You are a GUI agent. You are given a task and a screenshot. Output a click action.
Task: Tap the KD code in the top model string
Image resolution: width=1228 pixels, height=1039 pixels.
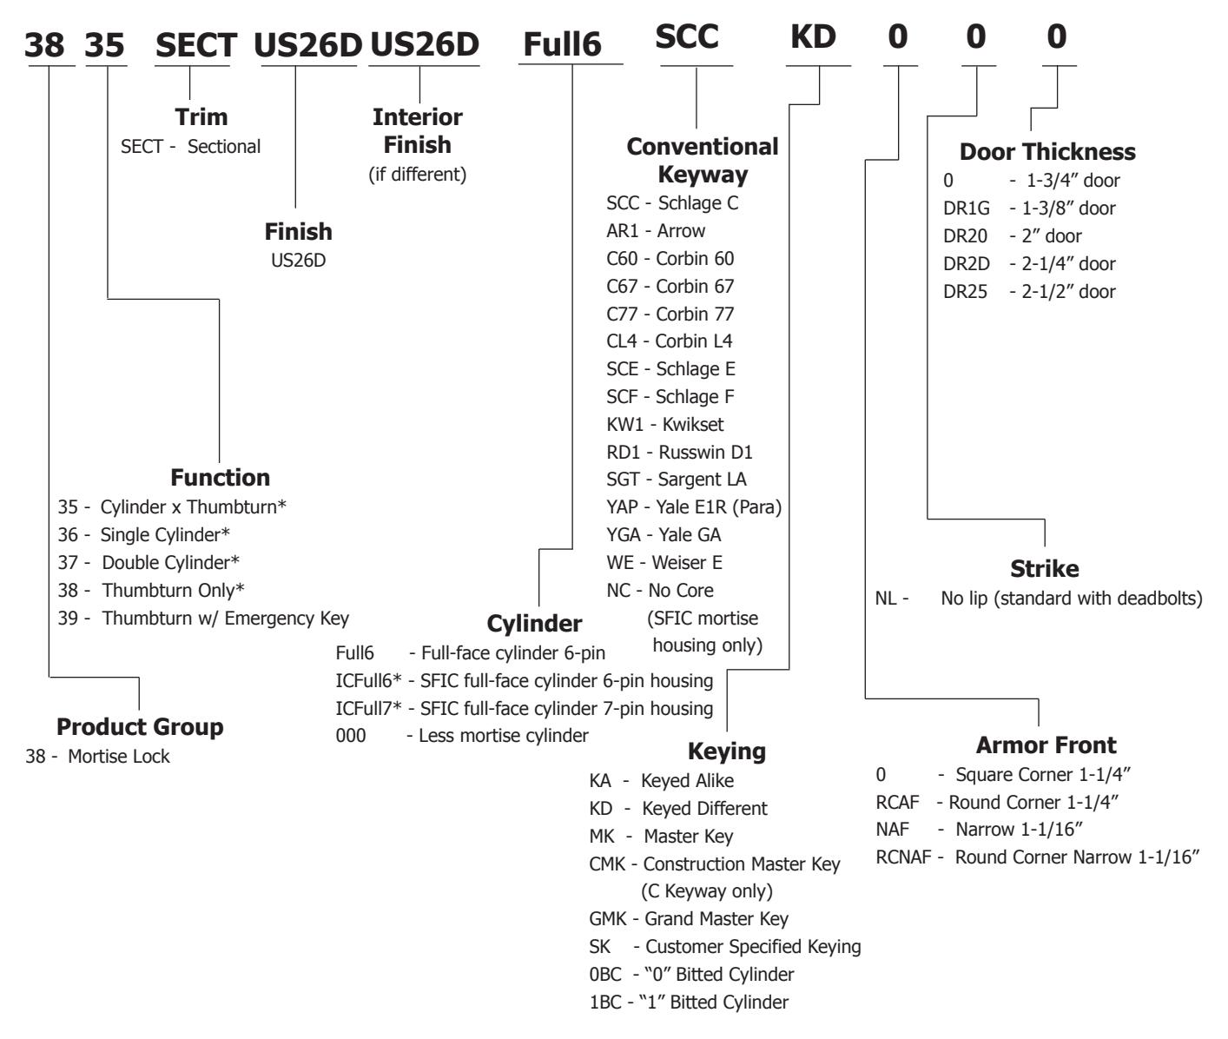click(x=813, y=37)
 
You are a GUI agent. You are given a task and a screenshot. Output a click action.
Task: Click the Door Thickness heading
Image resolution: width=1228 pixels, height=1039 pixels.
click(x=1046, y=152)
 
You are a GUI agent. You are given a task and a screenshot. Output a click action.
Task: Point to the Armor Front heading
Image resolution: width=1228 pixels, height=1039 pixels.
click(x=1046, y=745)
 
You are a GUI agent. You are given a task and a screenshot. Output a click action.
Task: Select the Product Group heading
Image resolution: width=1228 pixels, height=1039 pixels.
click(x=140, y=727)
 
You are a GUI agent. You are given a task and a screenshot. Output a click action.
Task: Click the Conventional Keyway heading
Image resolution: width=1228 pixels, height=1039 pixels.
click(x=702, y=161)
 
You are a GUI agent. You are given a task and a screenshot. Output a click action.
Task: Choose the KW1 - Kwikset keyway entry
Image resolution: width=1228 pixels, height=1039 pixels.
click(x=664, y=425)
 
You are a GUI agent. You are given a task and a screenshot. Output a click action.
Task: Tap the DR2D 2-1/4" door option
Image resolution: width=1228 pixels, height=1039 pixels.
click(x=1029, y=264)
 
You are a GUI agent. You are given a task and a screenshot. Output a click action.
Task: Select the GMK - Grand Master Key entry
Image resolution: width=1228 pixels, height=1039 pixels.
click(x=688, y=919)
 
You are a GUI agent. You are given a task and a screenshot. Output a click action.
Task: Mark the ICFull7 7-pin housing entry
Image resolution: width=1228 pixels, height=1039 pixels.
click(x=524, y=708)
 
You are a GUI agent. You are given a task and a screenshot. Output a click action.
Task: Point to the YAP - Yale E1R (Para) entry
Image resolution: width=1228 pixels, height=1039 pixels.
click(x=693, y=507)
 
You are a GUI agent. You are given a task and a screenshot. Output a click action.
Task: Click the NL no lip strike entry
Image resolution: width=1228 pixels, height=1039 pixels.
click(x=1038, y=599)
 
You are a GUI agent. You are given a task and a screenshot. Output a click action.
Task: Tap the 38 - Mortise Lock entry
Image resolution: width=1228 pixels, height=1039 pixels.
click(x=97, y=757)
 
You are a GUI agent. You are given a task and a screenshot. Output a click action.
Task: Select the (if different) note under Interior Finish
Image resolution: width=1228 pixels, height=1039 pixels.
click(x=418, y=175)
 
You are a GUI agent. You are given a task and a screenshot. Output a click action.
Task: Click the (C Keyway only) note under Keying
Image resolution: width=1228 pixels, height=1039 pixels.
click(x=706, y=891)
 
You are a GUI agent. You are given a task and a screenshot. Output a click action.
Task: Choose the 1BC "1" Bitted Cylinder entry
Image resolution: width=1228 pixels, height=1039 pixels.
click(x=688, y=1003)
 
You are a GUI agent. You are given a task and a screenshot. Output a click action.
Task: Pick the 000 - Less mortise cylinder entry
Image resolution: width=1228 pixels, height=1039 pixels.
click(x=461, y=736)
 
